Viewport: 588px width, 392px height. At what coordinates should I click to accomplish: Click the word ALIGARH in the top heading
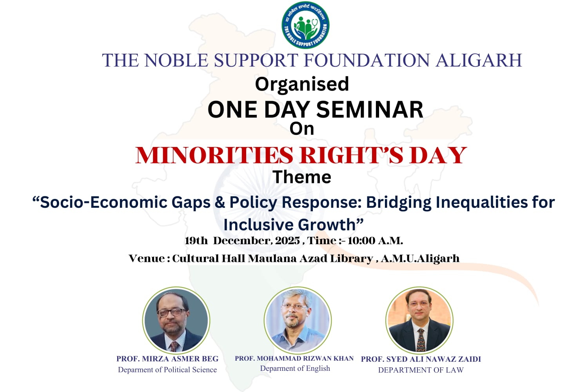(479, 60)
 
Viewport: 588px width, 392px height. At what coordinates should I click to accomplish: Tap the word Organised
(302, 84)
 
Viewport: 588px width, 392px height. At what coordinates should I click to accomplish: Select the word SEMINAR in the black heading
(370, 109)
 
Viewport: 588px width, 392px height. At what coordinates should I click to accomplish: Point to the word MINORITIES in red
(214, 155)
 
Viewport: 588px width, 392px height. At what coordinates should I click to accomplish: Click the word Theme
(302, 177)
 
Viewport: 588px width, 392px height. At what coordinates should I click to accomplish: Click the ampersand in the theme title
(220, 202)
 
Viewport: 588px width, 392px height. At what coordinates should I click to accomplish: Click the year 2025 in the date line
(287, 240)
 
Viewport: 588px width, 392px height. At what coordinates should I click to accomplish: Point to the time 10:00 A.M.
(375, 240)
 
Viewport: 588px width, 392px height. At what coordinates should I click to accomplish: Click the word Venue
(147, 258)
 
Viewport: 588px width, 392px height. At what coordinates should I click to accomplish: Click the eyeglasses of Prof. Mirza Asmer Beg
(172, 312)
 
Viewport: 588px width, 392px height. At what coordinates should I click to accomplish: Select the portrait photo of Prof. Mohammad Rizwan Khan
(298, 320)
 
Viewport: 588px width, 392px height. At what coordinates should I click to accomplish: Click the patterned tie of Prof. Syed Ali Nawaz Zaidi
(421, 339)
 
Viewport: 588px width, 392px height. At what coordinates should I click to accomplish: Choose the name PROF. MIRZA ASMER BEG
(167, 359)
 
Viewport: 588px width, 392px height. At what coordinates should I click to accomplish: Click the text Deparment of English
(295, 368)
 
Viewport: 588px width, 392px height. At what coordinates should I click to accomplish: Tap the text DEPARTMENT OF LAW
(421, 370)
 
